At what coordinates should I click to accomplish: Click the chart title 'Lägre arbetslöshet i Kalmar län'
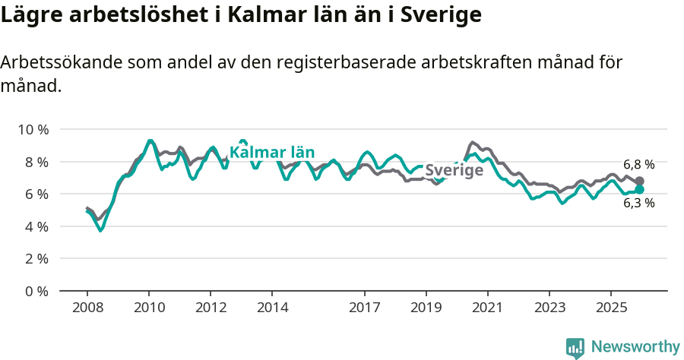(x=241, y=15)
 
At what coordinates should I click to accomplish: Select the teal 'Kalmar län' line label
(x=272, y=153)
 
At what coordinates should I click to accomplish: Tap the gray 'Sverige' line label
(x=454, y=170)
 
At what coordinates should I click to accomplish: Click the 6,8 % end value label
(x=638, y=164)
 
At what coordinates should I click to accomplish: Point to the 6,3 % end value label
(x=638, y=204)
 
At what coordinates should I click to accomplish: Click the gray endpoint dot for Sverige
(x=639, y=182)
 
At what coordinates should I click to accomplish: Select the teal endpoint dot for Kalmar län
(x=639, y=189)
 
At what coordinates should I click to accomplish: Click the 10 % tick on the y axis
(x=33, y=130)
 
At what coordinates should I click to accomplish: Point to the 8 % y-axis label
(x=36, y=162)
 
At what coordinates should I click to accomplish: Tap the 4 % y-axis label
(x=36, y=226)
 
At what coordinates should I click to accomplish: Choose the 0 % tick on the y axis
(x=36, y=291)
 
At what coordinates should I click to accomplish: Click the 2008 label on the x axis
(x=87, y=308)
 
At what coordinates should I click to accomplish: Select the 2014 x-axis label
(x=272, y=308)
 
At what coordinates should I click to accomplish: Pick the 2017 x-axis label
(x=365, y=308)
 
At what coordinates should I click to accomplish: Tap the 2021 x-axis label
(x=487, y=308)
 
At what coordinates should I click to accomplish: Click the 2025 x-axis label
(x=610, y=308)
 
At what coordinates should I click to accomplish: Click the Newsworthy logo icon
(x=575, y=348)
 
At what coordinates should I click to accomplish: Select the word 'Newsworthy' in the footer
(x=635, y=347)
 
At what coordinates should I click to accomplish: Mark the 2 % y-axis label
(x=36, y=259)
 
